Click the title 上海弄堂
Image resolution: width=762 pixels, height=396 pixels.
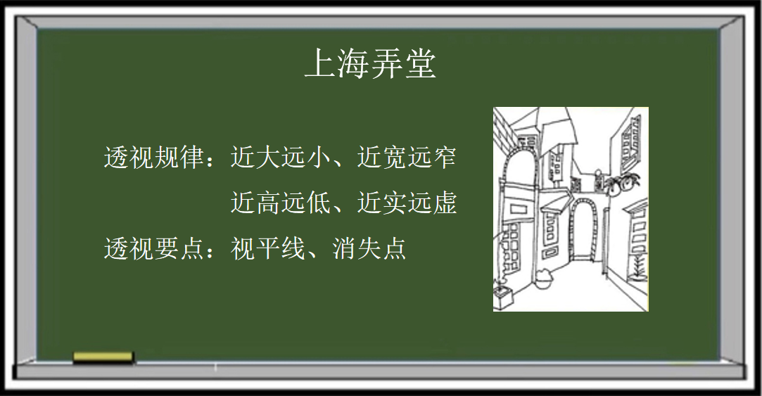[x=370, y=63]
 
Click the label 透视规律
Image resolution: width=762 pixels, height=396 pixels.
[x=154, y=157]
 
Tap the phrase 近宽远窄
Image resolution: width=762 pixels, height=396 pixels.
[x=407, y=157]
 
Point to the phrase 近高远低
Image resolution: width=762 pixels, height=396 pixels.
[x=281, y=203]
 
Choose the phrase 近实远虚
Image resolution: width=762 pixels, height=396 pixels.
[x=407, y=203]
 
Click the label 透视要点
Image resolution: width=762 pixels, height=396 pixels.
[x=154, y=248]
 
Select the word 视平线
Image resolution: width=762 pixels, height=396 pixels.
[x=268, y=248]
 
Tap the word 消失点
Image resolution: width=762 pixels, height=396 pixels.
[x=369, y=248]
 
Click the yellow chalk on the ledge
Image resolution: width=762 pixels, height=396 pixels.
[x=103, y=357]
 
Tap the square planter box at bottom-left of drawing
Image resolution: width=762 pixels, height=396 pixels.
[x=504, y=296]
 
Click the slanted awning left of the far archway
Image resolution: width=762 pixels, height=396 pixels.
[x=555, y=203]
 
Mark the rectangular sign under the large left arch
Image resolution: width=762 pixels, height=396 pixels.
[x=519, y=210]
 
